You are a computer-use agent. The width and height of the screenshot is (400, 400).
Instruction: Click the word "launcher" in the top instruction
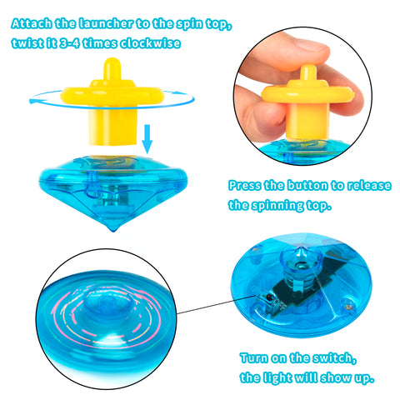pyautogui.click(x=106, y=23)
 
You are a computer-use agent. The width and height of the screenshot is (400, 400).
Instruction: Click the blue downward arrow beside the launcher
pyautogui.click(x=147, y=139)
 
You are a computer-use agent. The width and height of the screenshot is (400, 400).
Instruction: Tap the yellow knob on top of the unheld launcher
pyautogui.click(x=112, y=69)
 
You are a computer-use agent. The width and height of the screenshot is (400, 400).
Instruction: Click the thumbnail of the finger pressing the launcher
pyautogui.click(x=302, y=96)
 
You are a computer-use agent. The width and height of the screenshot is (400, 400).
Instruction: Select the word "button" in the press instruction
pyautogui.click(x=307, y=186)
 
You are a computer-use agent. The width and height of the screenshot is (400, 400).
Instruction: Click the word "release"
pyautogui.click(x=369, y=186)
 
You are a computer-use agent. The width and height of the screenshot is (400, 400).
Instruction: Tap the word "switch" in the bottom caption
pyautogui.click(x=334, y=358)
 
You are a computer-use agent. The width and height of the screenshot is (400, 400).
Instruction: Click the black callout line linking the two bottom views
pyautogui.click(x=217, y=305)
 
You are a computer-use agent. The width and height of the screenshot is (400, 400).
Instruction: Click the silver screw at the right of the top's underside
pyautogui.click(x=347, y=307)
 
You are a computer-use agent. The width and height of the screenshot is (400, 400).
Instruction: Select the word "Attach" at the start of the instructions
pyautogui.click(x=32, y=23)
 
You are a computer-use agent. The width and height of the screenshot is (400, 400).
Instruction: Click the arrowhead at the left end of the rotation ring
pyautogui.click(x=32, y=101)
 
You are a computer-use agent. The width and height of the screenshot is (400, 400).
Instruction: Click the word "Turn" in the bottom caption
pyautogui.click(x=254, y=358)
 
